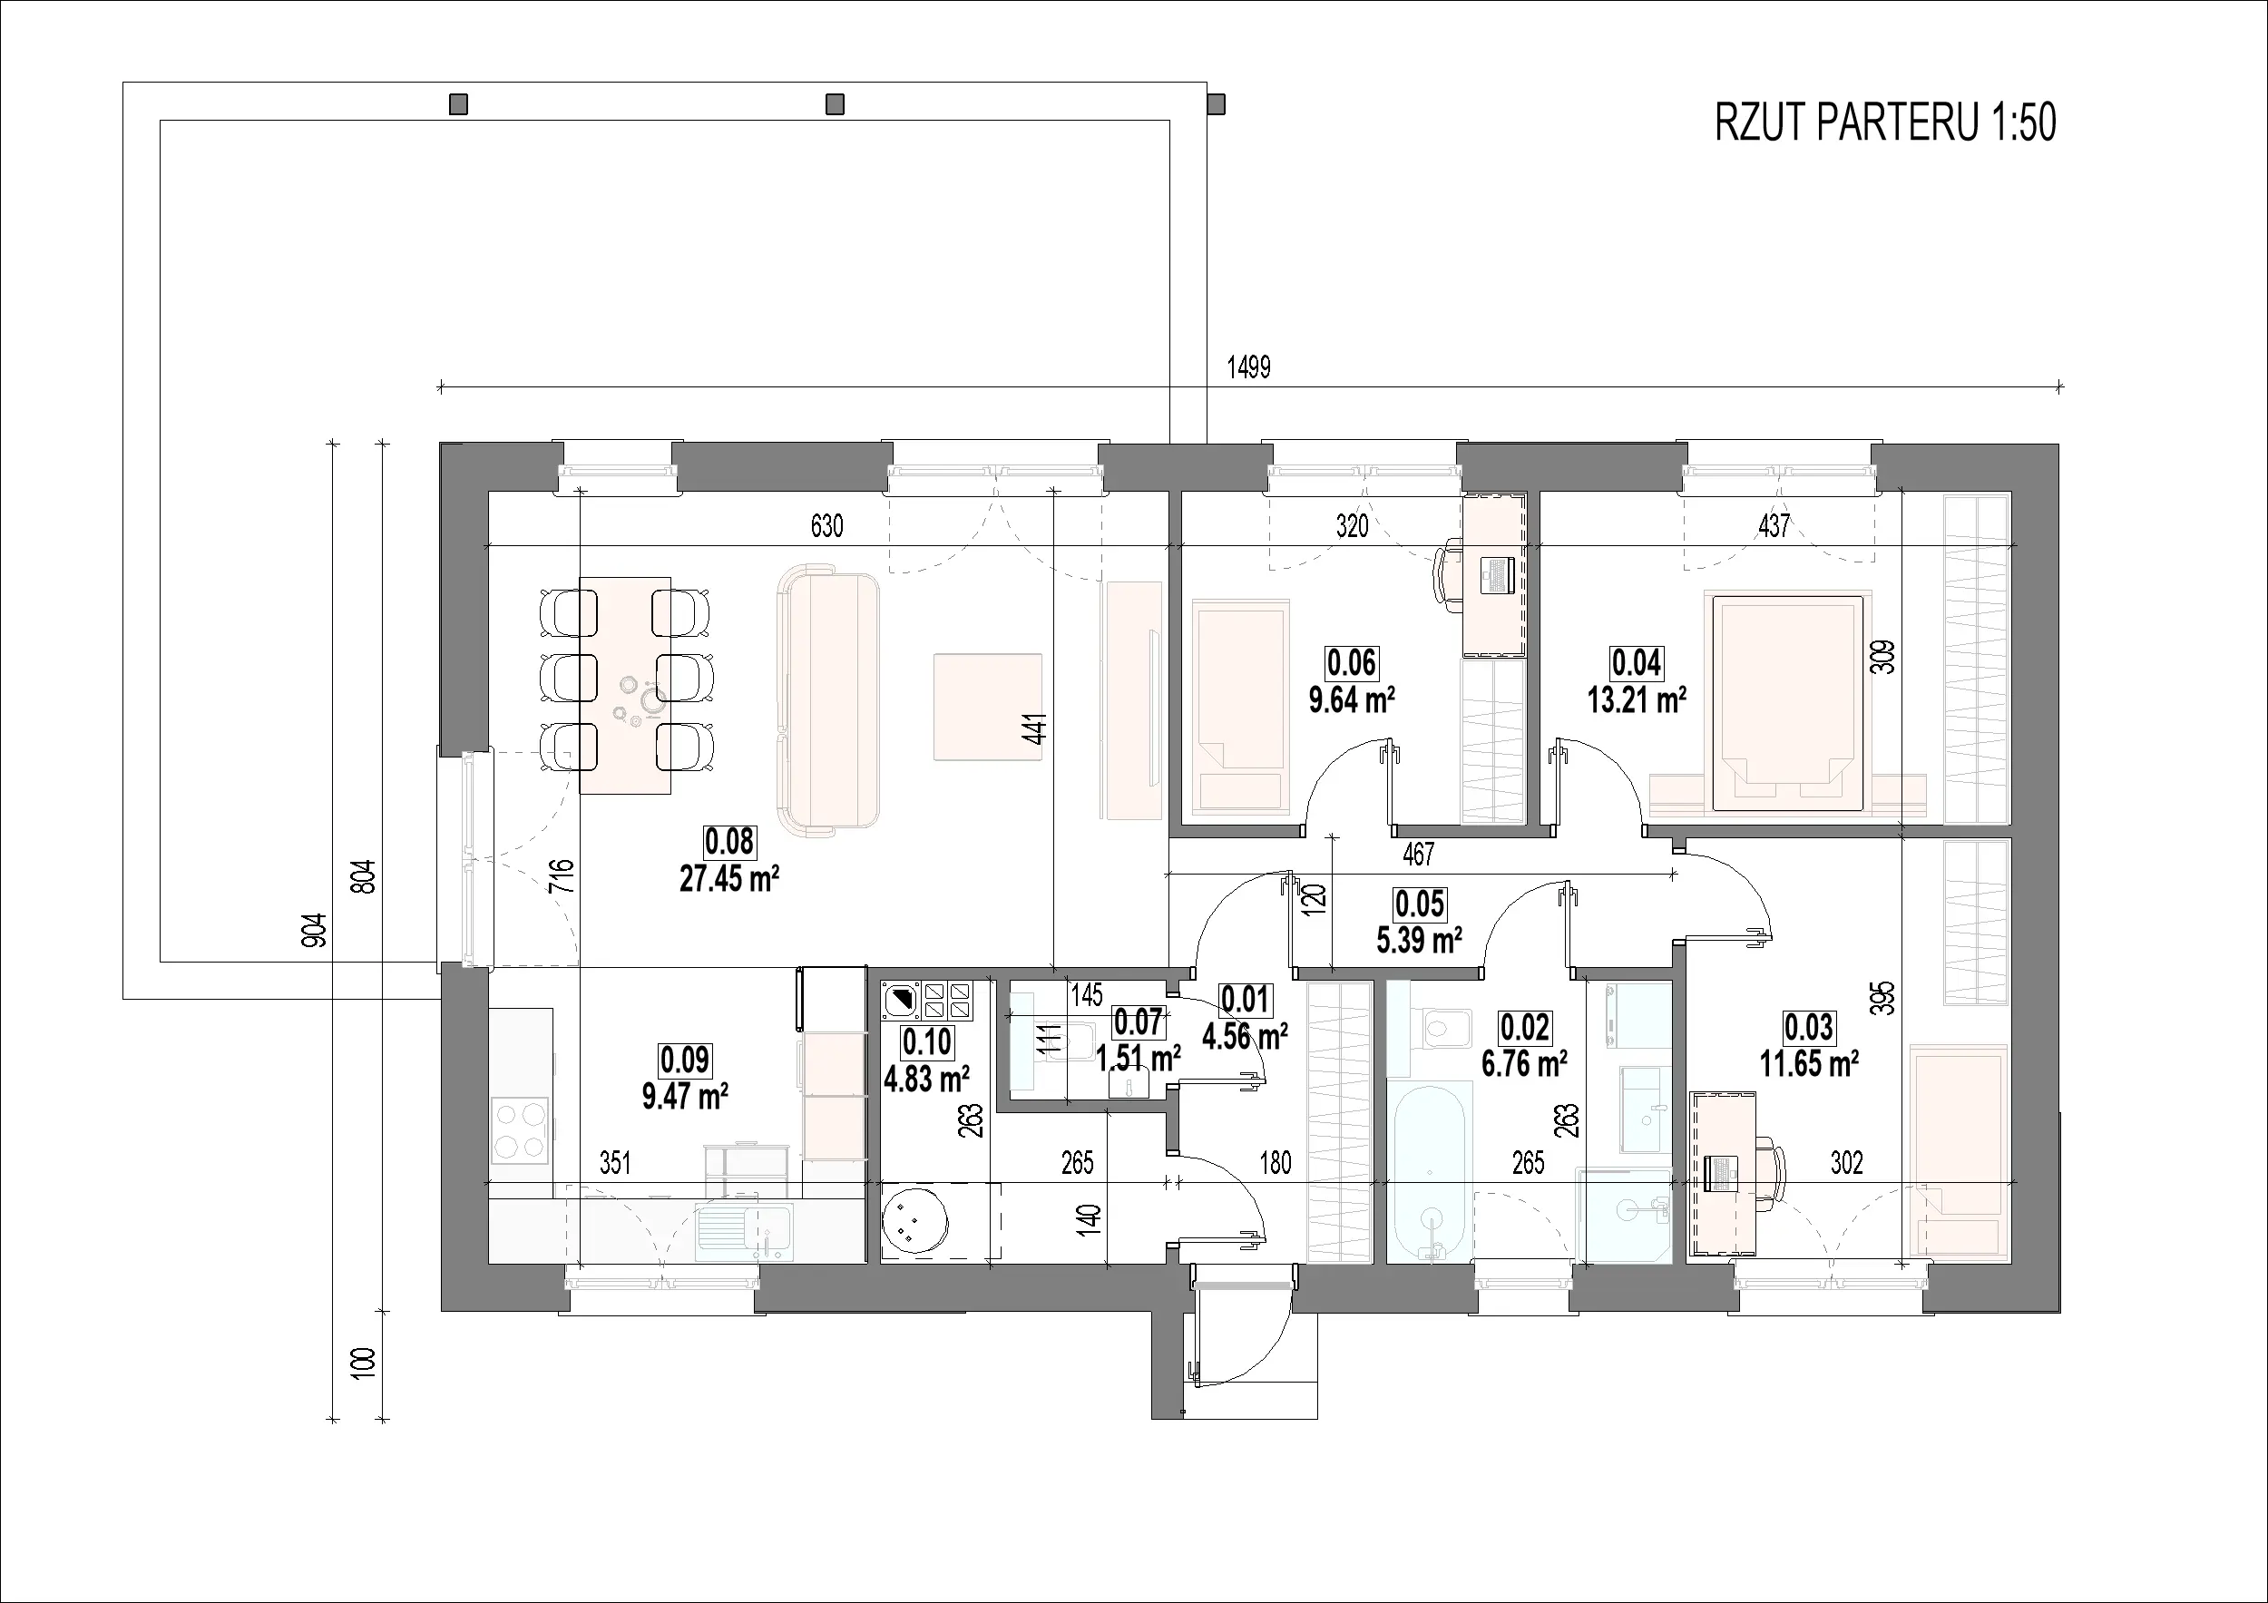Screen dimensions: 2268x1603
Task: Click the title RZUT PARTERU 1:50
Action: [x=1885, y=123]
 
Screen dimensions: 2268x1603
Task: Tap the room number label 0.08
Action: [x=729, y=842]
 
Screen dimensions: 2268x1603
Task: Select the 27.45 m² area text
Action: [x=729, y=878]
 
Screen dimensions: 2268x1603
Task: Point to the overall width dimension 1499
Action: [x=1248, y=367]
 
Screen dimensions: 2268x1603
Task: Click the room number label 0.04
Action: [x=1637, y=661]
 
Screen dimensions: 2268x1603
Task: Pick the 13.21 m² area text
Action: [x=1637, y=699]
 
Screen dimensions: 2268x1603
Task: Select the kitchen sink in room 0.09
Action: [x=743, y=1232]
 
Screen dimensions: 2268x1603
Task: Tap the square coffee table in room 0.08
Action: [x=988, y=706]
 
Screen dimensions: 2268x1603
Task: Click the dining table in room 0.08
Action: [x=625, y=686]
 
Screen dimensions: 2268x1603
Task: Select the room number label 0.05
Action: [x=1420, y=904]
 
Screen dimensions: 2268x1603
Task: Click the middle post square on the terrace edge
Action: [x=835, y=103]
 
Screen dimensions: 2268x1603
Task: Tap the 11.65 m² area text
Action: [x=1809, y=1065]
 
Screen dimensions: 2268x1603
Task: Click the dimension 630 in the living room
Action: [x=826, y=526]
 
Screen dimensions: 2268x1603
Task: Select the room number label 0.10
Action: [x=926, y=1042]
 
